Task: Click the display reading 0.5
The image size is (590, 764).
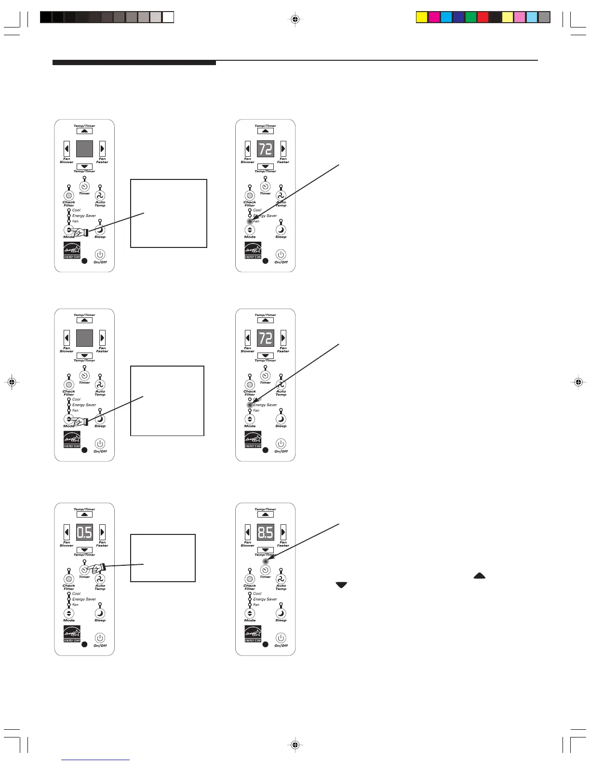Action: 84,532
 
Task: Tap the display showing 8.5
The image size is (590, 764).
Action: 265,532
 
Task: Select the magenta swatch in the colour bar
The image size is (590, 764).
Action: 434,18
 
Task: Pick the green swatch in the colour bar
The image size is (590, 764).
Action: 470,18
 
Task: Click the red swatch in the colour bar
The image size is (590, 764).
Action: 483,18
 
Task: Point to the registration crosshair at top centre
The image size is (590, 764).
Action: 295,19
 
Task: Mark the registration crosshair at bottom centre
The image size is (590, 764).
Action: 295,745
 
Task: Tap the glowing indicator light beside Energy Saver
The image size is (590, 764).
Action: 250,405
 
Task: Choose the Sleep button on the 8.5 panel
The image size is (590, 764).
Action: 281,614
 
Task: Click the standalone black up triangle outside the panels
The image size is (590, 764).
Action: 480,575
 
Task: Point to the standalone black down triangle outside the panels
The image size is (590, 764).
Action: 341,585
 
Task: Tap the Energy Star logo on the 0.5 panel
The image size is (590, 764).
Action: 72,634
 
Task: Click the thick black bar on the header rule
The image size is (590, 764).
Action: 134,62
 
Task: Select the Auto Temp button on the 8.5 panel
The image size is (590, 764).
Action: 281,579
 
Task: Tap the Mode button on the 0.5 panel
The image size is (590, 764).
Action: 69,614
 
